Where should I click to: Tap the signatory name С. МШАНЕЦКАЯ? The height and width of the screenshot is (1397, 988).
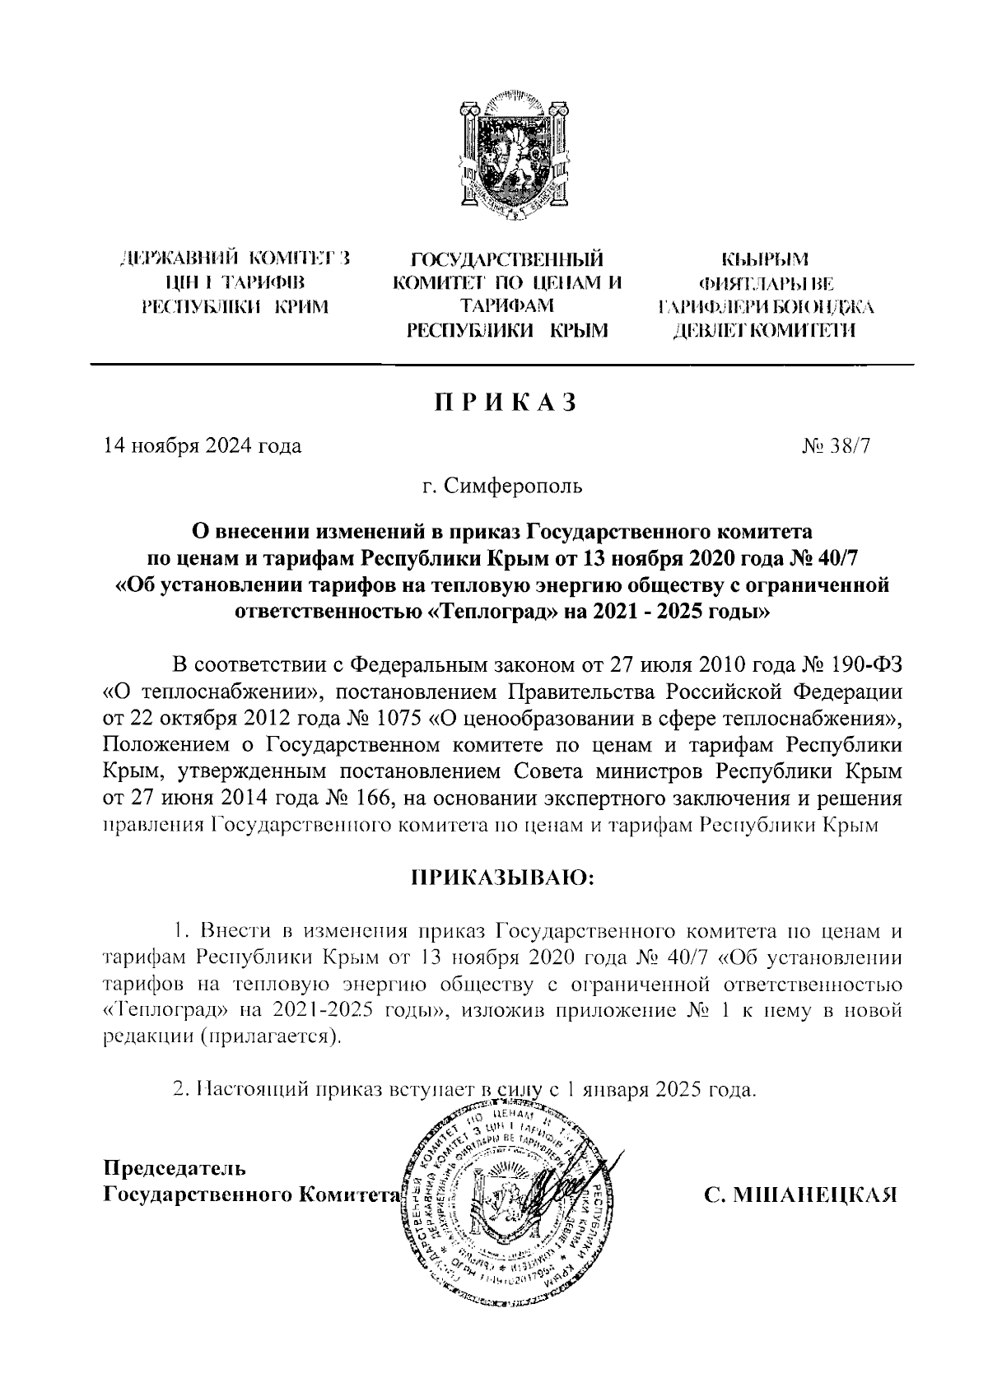799,1194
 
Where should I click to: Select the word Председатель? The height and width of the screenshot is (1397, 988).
173,1167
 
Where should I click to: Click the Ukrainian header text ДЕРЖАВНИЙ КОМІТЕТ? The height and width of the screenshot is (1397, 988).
235,261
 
